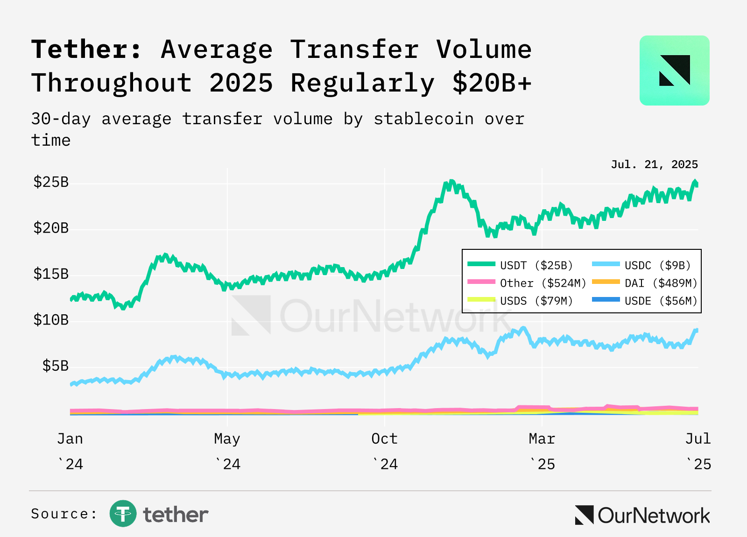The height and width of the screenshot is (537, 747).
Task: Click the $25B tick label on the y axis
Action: click(51, 182)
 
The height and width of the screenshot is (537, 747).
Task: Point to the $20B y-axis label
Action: click(51, 228)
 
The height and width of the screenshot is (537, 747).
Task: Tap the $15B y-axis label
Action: click(51, 274)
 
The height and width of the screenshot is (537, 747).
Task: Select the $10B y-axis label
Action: click(51, 320)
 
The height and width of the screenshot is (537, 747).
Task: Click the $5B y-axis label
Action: click(56, 366)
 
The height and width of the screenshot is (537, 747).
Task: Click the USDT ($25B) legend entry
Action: click(520, 265)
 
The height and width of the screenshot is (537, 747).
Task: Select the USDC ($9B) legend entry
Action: click(641, 265)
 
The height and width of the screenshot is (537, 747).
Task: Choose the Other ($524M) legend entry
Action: click(527, 283)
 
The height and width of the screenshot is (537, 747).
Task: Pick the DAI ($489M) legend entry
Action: click(645, 283)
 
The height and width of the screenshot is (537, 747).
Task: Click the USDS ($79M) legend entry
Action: click(520, 301)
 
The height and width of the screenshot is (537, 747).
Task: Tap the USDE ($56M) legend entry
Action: click(645, 301)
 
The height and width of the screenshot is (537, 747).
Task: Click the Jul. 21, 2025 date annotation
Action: click(654, 164)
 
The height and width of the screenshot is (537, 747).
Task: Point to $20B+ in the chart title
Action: click(492, 83)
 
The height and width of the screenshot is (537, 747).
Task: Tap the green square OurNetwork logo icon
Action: click(674, 71)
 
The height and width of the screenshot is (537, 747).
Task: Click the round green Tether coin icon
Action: click(123, 513)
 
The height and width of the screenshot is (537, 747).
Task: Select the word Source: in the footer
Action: click(63, 514)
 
